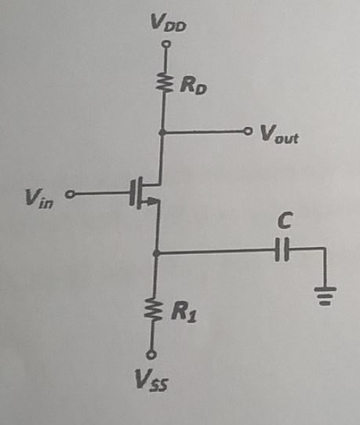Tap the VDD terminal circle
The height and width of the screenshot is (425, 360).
pyautogui.click(x=165, y=45)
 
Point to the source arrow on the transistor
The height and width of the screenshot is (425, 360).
pyautogui.click(x=153, y=202)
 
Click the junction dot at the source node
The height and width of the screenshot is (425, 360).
pyautogui.click(x=158, y=253)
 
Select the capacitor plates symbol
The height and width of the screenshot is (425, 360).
pyautogui.click(x=284, y=252)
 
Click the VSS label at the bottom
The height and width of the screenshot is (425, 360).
pyautogui.click(x=152, y=383)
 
